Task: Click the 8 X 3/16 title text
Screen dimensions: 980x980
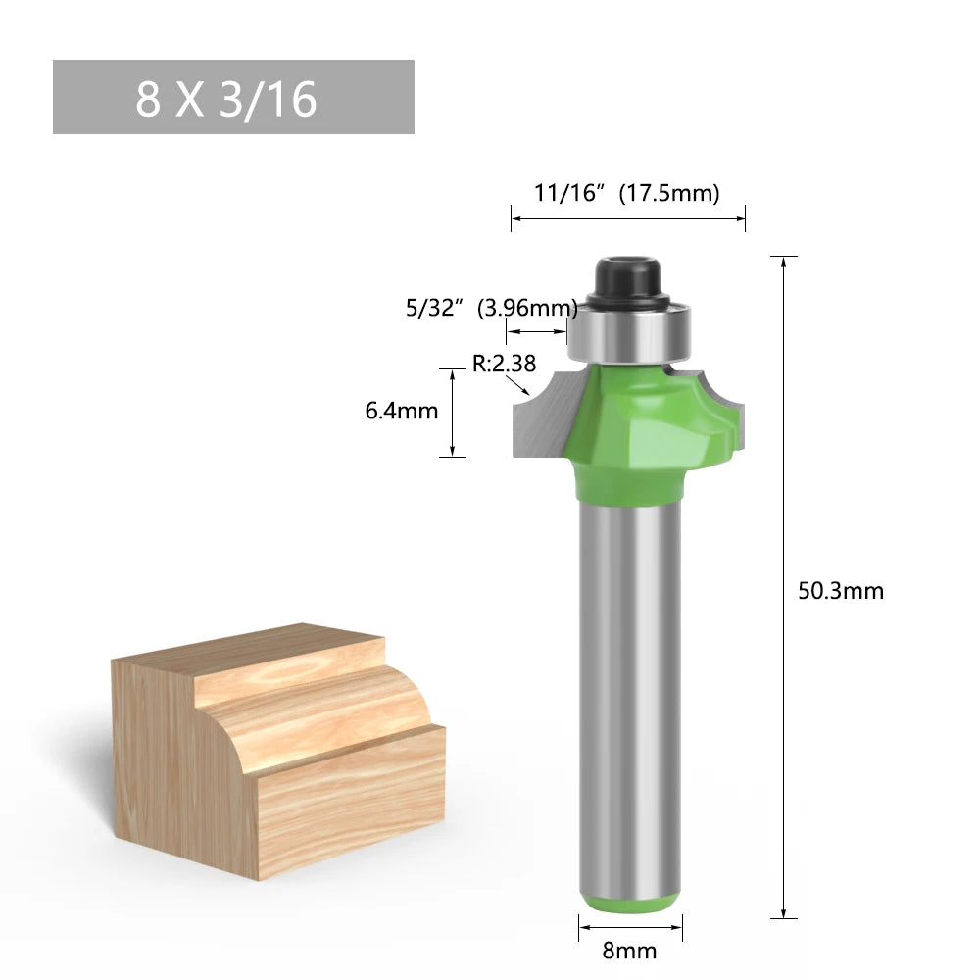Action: (226, 99)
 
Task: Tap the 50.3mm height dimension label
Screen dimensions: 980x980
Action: (841, 591)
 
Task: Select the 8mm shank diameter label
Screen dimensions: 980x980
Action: (629, 951)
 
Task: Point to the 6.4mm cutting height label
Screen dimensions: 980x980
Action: (401, 411)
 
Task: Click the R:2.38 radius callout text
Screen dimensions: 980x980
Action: (504, 364)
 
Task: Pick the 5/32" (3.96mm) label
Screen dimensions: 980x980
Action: (492, 308)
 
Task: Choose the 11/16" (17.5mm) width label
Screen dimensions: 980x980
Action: (627, 193)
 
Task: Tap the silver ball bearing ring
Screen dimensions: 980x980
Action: (629, 332)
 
